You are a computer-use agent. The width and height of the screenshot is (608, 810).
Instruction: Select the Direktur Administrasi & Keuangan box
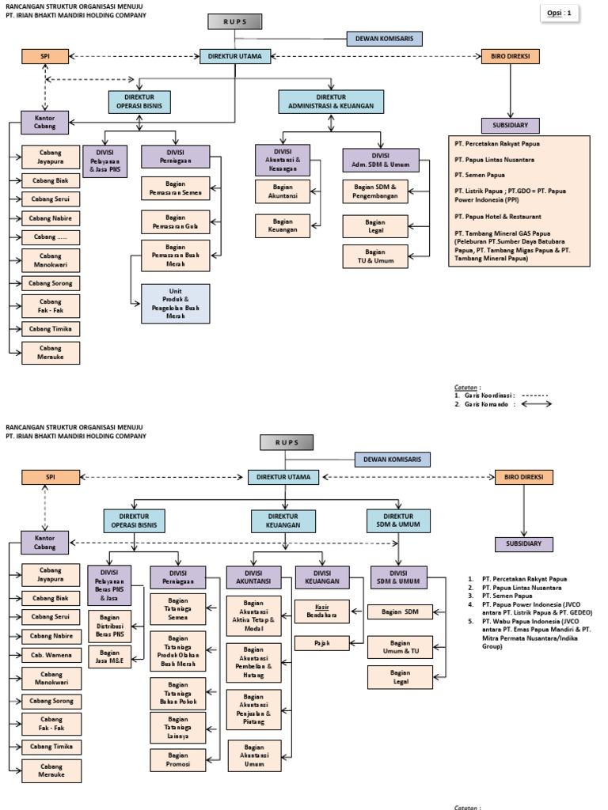331,101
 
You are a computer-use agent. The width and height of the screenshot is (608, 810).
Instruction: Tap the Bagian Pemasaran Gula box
176,221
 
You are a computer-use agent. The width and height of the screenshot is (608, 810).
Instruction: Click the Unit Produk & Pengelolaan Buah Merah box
176,304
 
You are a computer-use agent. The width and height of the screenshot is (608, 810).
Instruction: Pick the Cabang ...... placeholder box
51,237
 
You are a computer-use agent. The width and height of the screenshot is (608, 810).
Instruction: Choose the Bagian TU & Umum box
375,256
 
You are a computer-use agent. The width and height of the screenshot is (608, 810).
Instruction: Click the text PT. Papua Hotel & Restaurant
498,216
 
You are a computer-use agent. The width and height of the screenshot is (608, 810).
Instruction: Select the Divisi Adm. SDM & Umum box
375,160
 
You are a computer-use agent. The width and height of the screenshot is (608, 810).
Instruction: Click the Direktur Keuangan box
283,520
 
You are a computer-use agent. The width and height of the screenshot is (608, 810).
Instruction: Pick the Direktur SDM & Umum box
398,520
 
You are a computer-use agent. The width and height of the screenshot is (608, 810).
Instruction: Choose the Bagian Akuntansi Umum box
254,755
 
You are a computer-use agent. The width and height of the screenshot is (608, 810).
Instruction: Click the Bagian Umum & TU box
400,647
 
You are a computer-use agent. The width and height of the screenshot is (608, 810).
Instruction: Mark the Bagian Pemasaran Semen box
176,187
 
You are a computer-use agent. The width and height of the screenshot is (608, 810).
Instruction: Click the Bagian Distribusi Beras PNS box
110,624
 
